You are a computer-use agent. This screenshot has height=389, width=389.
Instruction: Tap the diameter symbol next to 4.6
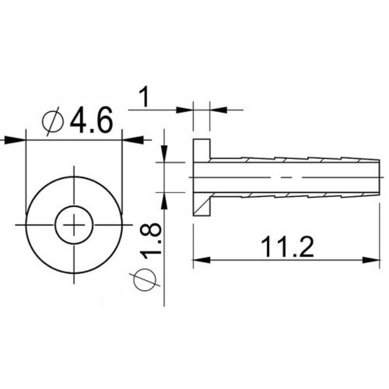(x=54, y=121)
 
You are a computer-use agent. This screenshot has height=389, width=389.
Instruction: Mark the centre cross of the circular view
(x=75, y=226)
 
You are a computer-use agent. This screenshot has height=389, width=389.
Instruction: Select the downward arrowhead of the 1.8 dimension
(x=165, y=152)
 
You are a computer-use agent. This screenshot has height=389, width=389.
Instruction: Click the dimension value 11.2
(x=287, y=247)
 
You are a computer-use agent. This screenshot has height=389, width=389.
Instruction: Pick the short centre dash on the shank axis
(x=291, y=177)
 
